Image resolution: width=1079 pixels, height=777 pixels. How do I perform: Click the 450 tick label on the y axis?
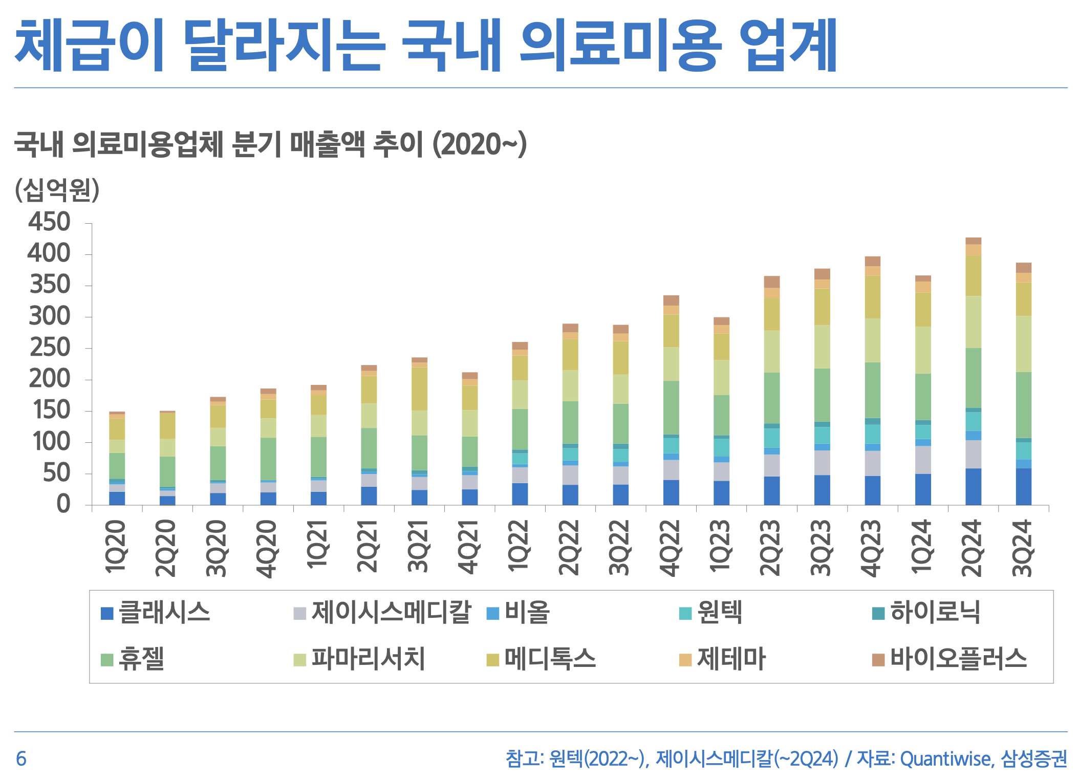pyautogui.click(x=49, y=222)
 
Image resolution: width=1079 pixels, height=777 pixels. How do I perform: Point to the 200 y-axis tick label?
pyautogui.click(x=49, y=379)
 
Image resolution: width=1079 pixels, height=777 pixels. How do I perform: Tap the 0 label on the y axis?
pyautogui.click(x=63, y=504)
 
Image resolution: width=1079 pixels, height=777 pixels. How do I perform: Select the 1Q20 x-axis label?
pyautogui.click(x=116, y=546)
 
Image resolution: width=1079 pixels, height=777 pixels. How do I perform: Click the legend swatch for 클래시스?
pyautogui.click(x=107, y=613)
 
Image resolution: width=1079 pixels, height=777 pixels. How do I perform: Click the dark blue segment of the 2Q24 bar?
pyautogui.click(x=973, y=486)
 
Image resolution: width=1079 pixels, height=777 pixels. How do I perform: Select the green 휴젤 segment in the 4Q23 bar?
pyautogui.click(x=872, y=390)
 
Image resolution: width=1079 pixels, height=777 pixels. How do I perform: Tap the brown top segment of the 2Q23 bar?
pyautogui.click(x=771, y=282)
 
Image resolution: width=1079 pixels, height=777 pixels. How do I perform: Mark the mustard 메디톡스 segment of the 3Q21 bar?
pyautogui.click(x=419, y=389)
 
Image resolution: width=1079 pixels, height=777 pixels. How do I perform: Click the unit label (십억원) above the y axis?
pyautogui.click(x=57, y=190)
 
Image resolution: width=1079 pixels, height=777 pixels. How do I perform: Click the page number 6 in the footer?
pyautogui.click(x=21, y=759)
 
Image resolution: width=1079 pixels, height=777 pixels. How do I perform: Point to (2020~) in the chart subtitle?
pyautogui.click(x=480, y=144)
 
